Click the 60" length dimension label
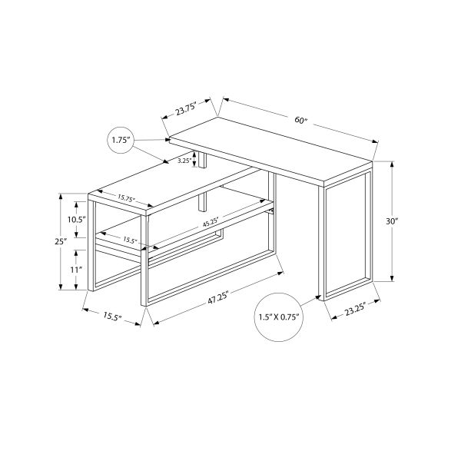(300, 120)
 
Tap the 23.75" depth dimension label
(186, 109)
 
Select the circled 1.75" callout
(121, 140)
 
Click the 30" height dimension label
(392, 221)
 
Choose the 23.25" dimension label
(355, 310)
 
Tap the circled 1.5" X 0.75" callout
(279, 317)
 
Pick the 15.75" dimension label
(126, 197)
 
